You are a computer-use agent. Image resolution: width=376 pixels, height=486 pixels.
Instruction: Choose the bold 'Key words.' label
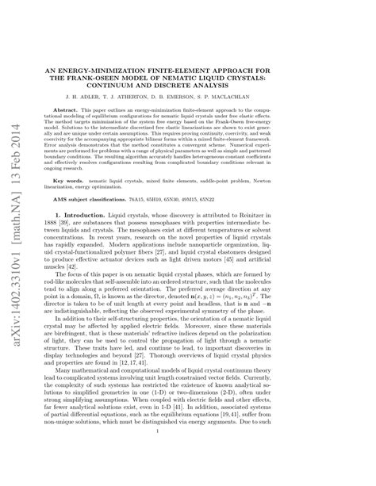tap(90, 182)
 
